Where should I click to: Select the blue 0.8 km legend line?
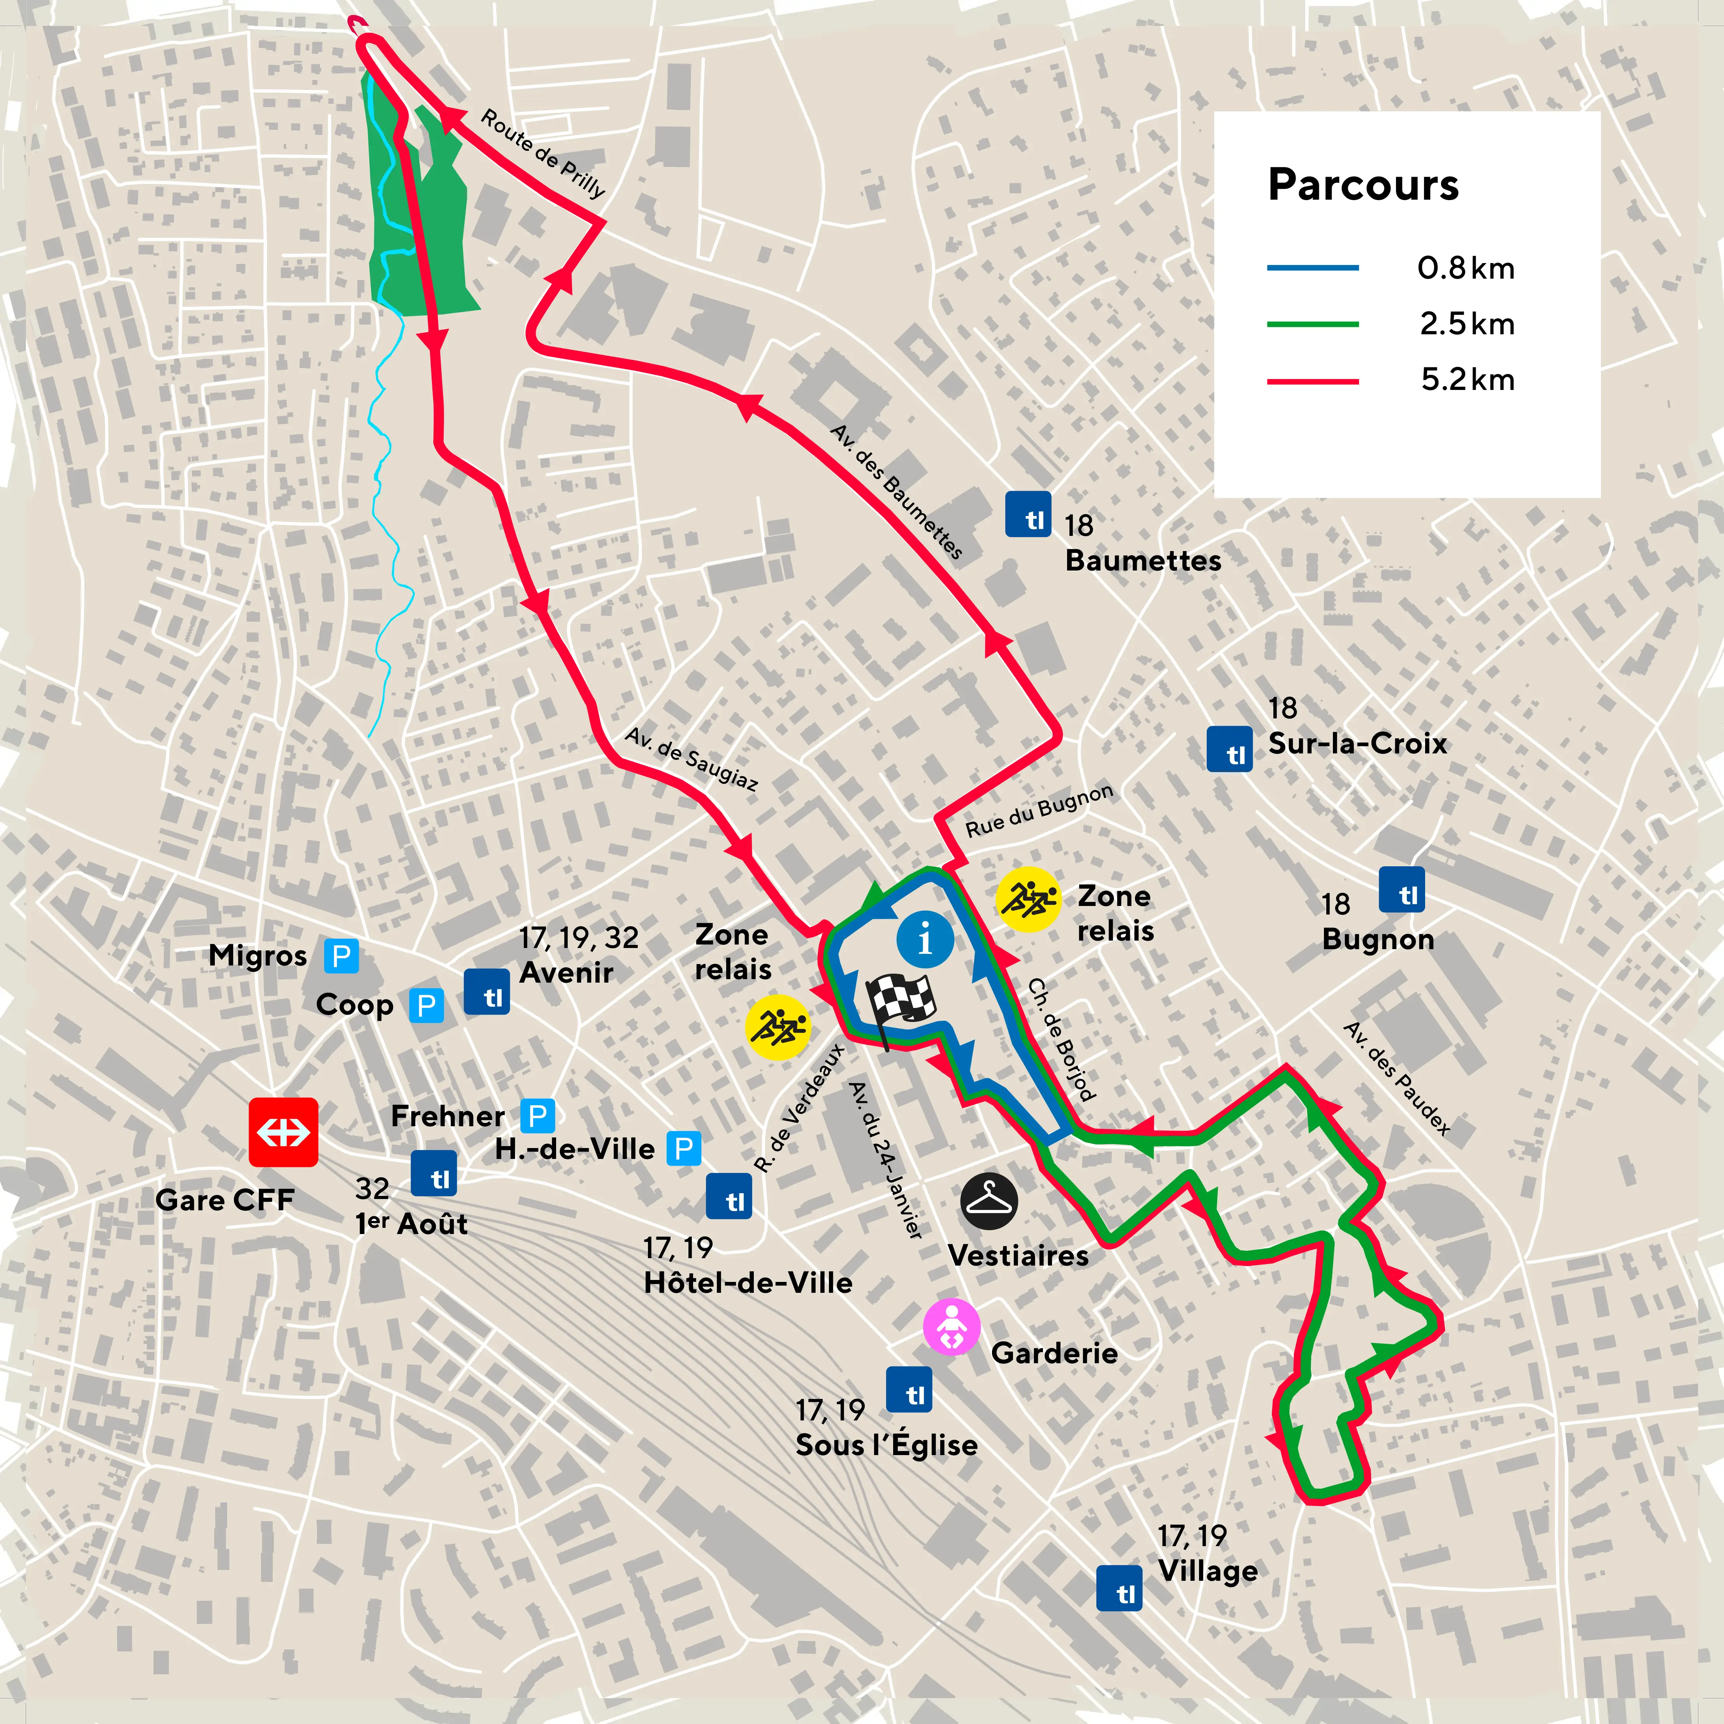click(1313, 268)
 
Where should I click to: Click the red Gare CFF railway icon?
click(283, 1131)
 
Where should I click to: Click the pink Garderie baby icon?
click(951, 1327)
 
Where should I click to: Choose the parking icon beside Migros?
click(341, 956)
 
